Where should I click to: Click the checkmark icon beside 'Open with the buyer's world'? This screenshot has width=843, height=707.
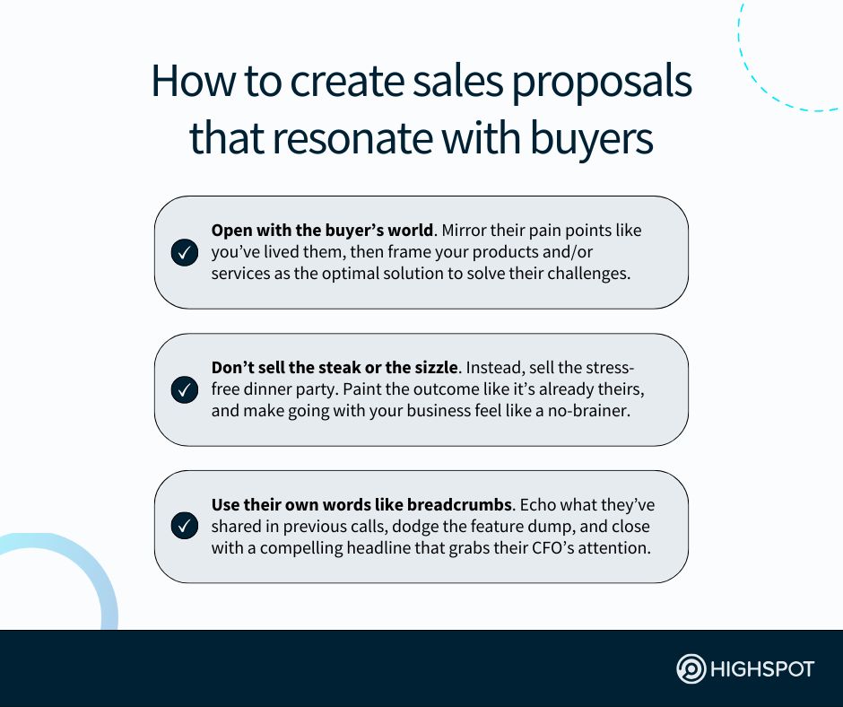(184, 252)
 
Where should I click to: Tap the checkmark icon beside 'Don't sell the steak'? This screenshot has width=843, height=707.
(184, 389)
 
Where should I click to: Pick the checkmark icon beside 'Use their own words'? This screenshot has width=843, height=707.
(184, 527)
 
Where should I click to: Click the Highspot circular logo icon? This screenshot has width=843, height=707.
(691, 669)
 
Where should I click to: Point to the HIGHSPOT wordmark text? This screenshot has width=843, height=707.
(762, 669)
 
